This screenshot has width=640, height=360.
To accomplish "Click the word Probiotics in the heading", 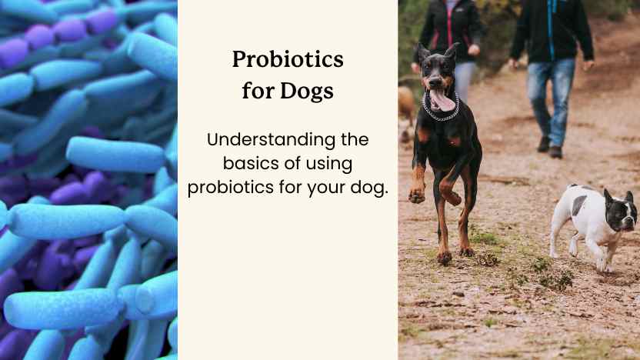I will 288,61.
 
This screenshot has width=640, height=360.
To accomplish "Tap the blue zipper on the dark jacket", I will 551,31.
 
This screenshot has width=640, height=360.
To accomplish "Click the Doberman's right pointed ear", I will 453,53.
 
